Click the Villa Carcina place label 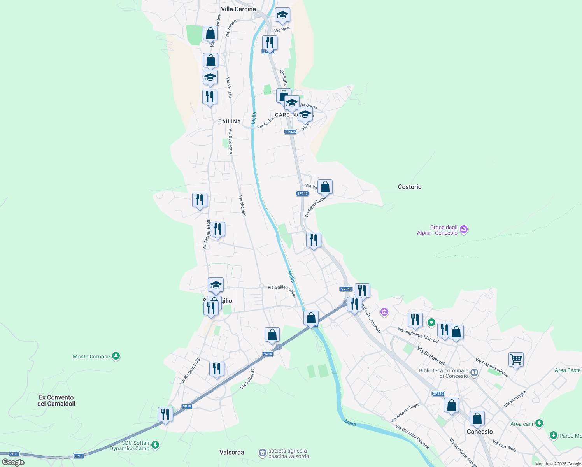click(238, 9)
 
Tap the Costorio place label click(410, 187)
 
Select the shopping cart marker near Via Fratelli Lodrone click(516, 360)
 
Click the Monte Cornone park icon click(116, 356)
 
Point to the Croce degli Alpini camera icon click(463, 230)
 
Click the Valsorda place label click(232, 452)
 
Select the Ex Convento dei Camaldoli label click(56, 400)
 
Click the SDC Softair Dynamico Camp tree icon click(155, 444)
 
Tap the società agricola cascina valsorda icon click(263, 453)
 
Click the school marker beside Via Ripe click(282, 15)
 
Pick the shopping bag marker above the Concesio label click(477, 419)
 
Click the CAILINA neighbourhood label click(230, 121)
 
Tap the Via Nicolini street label click(242, 205)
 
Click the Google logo click(13, 462)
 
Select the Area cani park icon click(539, 423)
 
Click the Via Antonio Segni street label click(405, 413)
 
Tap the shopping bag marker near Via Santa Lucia click(325, 187)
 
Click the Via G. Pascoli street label click(431, 356)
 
